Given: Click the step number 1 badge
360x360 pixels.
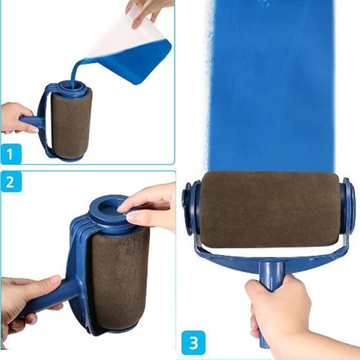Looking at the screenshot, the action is coord(11,154).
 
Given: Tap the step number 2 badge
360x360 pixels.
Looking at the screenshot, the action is coord(11,182).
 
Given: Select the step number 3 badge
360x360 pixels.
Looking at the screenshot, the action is coord(194,343).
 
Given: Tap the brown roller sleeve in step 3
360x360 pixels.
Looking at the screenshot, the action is coord(270,209).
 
